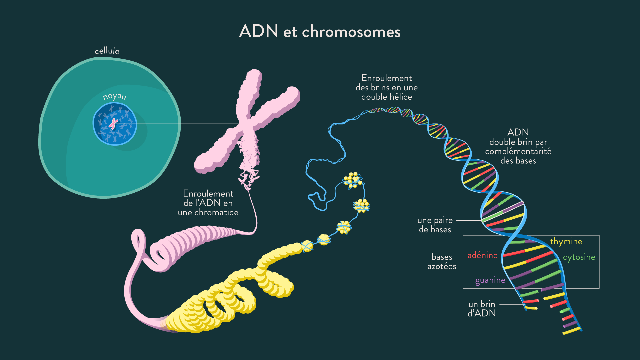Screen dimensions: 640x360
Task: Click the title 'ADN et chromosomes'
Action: coord(320,31)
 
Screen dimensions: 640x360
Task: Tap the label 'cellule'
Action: coord(107,51)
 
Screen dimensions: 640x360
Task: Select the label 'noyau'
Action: coord(115,96)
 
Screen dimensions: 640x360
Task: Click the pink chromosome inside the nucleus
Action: coord(114,124)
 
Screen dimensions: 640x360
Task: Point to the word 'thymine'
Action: coord(566,242)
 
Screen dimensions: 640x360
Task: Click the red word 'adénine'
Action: coord(482,255)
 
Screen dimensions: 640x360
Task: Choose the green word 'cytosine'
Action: coord(579,257)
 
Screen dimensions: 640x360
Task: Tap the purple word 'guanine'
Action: coord(490,280)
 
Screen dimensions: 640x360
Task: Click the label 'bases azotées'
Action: coord(442,262)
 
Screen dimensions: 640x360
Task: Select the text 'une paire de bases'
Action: coord(435,225)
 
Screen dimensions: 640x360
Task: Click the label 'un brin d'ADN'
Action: coord(482,309)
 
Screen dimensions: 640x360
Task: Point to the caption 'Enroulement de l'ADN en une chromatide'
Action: coord(208,203)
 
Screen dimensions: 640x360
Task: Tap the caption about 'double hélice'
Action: coord(387,87)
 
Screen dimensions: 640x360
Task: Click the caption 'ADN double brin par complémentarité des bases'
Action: coord(518,146)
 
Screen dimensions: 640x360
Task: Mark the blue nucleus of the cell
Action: coord(115,124)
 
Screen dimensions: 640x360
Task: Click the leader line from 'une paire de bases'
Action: coord(469,221)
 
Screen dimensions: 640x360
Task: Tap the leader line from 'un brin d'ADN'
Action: coord(512,305)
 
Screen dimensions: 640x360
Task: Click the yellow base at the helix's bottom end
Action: coord(571,331)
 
